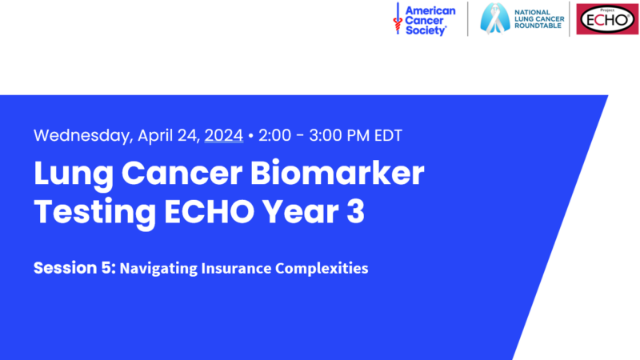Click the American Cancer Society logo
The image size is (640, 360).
click(425, 19)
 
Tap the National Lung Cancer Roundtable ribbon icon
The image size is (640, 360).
click(494, 18)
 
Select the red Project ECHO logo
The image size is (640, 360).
click(607, 19)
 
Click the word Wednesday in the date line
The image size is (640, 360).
click(83, 136)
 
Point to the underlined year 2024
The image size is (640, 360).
click(224, 135)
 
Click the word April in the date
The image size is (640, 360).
click(155, 136)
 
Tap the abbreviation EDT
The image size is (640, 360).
click(388, 135)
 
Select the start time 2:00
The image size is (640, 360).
click(274, 135)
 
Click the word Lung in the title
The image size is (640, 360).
click(74, 174)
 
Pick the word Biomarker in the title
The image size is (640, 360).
click(337, 173)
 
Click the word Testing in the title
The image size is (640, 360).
click(94, 213)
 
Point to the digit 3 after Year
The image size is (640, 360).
click(356, 211)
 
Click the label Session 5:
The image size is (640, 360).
click(74, 268)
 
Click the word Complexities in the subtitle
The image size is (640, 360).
click(322, 269)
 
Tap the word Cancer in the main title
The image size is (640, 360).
click(182, 173)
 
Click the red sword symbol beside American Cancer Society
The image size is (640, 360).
click(398, 18)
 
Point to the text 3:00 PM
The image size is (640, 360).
click(339, 135)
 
